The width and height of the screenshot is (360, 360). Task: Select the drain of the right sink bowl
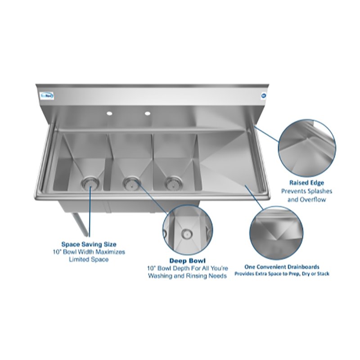pyautogui.click(x=170, y=182)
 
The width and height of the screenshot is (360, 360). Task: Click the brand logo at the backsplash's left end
pyautogui.click(x=47, y=96)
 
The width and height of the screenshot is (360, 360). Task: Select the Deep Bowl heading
pyautogui.click(x=188, y=261)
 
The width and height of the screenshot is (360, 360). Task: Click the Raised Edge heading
pyautogui.click(x=306, y=183)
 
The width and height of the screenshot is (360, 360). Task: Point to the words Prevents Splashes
pyautogui.click(x=306, y=191)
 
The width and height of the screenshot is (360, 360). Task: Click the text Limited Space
pyautogui.click(x=89, y=260)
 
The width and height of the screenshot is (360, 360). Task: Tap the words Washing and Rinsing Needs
pyautogui.click(x=188, y=276)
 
